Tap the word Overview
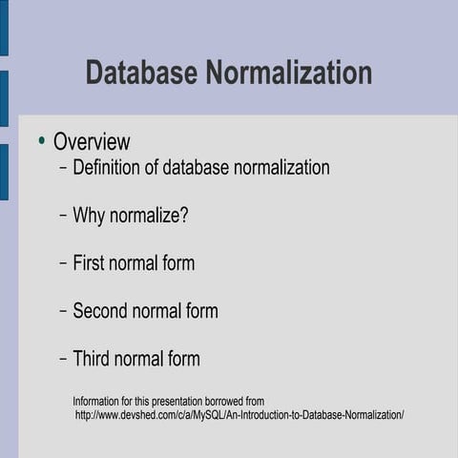pos(92,142)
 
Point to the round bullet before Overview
pos(41,141)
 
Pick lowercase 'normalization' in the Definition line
pos(282,168)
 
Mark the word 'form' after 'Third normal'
pos(182,360)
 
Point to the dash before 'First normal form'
pos(63,263)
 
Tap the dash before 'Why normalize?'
pos(63,216)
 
